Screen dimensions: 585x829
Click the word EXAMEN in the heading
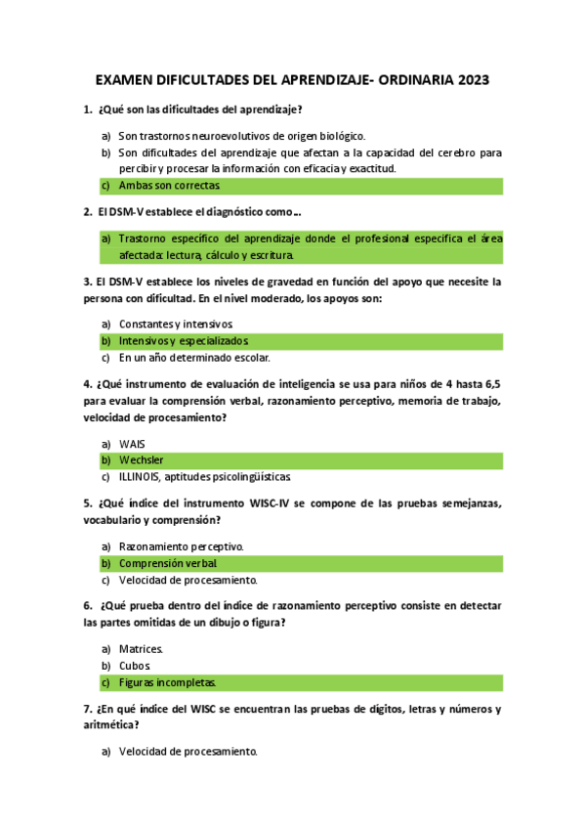[127, 80]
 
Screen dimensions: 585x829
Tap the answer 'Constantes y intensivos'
[176, 324]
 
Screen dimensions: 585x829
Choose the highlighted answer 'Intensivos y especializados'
[184, 341]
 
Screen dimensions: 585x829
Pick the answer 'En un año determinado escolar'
[194, 358]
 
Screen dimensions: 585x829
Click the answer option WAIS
[132, 443]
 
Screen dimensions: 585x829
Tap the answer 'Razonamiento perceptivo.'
[182, 546]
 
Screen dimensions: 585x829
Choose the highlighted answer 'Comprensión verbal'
[168, 564]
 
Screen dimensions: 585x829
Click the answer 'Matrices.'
[142, 649]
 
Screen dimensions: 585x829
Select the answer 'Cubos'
[135, 666]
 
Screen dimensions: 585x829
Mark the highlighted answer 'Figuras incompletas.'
[167, 683]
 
